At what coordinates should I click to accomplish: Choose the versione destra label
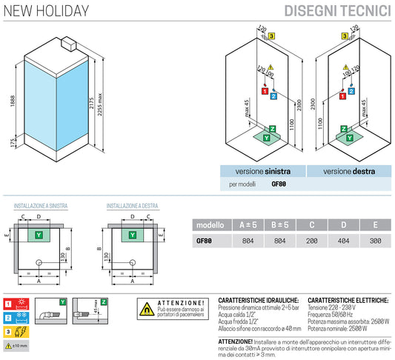pos(348,171)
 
